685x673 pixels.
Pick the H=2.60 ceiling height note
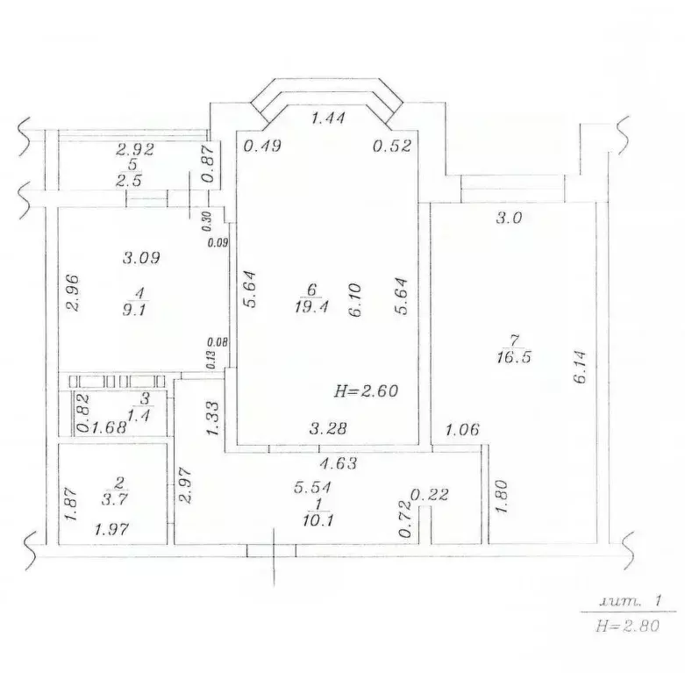[367, 391]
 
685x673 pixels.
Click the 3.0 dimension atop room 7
[509, 218]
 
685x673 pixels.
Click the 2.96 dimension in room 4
[72, 294]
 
